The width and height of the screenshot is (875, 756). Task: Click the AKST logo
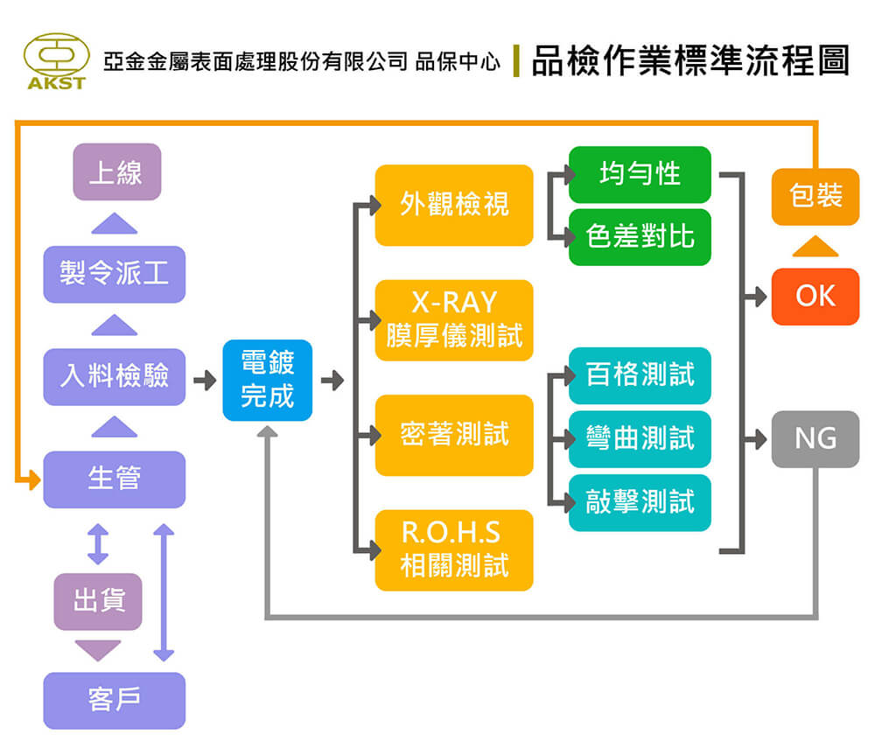56,61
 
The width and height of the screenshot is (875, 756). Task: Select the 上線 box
117,171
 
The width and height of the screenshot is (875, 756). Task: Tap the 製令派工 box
115,275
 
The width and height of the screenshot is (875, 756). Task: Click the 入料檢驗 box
115,376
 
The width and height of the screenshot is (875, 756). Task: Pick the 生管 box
115,479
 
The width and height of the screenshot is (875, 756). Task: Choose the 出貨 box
98,601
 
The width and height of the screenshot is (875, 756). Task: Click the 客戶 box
115,700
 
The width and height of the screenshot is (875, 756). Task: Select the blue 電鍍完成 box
267,380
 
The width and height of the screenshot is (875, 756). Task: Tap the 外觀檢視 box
454,205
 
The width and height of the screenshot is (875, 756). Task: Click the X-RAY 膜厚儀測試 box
454,320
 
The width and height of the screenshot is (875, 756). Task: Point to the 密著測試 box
454,435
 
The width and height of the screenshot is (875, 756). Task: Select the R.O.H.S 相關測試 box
454,550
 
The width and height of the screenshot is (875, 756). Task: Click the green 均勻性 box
640,175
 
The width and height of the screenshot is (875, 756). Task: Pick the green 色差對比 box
640,237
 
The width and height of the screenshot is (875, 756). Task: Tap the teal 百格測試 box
640,375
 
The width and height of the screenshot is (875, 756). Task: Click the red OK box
815,297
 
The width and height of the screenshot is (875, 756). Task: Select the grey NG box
815,439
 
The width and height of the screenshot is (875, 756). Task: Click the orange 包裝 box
815,196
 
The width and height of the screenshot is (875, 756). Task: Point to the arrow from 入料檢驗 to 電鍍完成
205,381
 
